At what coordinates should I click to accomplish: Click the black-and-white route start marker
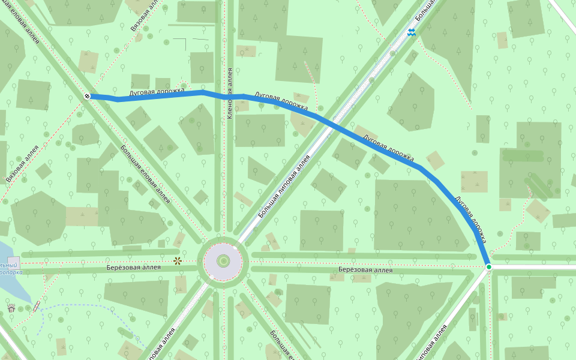click(87, 96)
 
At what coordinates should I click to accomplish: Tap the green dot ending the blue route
click(489, 267)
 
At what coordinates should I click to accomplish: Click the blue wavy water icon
click(412, 32)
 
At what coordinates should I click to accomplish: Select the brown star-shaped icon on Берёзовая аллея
click(178, 261)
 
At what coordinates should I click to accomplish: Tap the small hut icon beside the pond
click(11, 308)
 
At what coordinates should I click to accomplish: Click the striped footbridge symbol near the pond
click(37, 307)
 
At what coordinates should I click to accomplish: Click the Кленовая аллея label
click(230, 93)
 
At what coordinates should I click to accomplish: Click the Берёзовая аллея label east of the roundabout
click(365, 270)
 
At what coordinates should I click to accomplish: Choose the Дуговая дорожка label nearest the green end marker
click(470, 220)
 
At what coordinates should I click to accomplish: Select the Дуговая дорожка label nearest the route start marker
click(157, 92)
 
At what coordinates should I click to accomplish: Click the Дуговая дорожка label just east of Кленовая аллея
click(281, 102)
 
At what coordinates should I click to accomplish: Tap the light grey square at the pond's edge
click(13, 263)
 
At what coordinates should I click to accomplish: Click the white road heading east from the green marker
click(534, 266)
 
